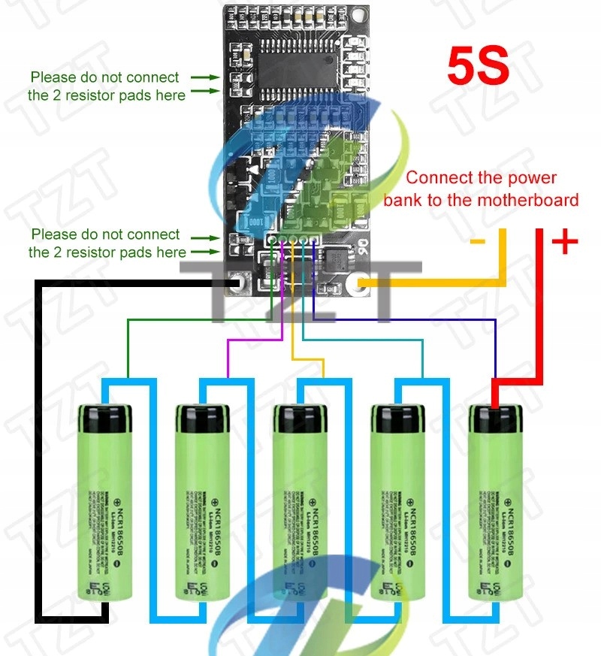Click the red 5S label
pos(479,66)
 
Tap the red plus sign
pos(565,242)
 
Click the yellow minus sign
pos(477,241)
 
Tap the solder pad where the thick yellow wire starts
pos(363,285)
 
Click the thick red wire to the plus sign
pos(538,316)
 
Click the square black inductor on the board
pos(334,262)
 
